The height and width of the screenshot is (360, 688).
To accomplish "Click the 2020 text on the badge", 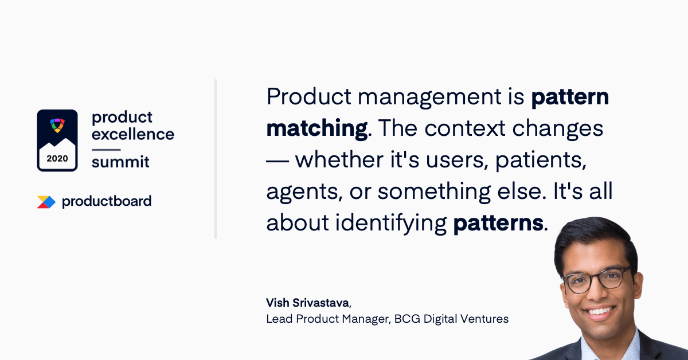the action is (x=57, y=158).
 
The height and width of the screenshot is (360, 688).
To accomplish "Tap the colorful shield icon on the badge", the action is (x=57, y=126).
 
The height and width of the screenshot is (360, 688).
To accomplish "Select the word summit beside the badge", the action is (x=120, y=162).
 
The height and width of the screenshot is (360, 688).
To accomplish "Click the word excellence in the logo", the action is (x=133, y=134).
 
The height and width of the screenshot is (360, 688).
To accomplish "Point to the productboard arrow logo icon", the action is (x=46, y=202).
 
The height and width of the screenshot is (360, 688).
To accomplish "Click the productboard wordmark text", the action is (x=107, y=202).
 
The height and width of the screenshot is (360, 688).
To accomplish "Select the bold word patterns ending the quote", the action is (x=498, y=223).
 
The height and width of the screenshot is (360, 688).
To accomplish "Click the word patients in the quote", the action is (x=541, y=161).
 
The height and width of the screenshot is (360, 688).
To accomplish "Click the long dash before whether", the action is (x=277, y=161).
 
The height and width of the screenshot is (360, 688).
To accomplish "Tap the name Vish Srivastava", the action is (x=308, y=303).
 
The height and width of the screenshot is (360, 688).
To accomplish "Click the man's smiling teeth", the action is (x=600, y=311).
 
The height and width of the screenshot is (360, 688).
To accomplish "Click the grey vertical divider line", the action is (x=216, y=159).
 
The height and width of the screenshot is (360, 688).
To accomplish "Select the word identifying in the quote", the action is (x=390, y=224).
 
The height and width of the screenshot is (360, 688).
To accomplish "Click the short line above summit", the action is (x=106, y=150).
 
